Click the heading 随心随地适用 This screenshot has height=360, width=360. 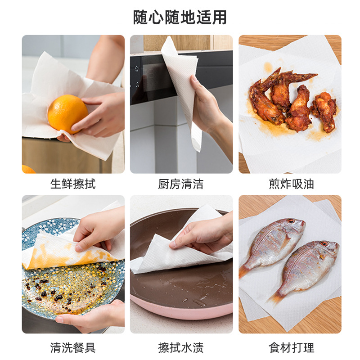pyautogui.click(x=180, y=17)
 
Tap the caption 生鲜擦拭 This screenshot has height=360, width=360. pyautogui.click(x=73, y=184)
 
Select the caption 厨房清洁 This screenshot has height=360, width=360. pyautogui.click(x=181, y=184)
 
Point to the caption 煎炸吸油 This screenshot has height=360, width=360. pyautogui.click(x=291, y=184)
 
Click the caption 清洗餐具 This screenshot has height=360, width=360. pyautogui.click(x=73, y=347)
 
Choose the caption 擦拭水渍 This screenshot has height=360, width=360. pyautogui.click(x=181, y=347)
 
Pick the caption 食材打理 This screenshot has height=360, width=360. pyautogui.click(x=291, y=347)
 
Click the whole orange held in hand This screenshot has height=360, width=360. pyautogui.click(x=67, y=114)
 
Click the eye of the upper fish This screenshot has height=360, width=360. pyautogui.click(x=291, y=221)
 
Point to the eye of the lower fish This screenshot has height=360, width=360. pyautogui.click(x=324, y=243)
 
